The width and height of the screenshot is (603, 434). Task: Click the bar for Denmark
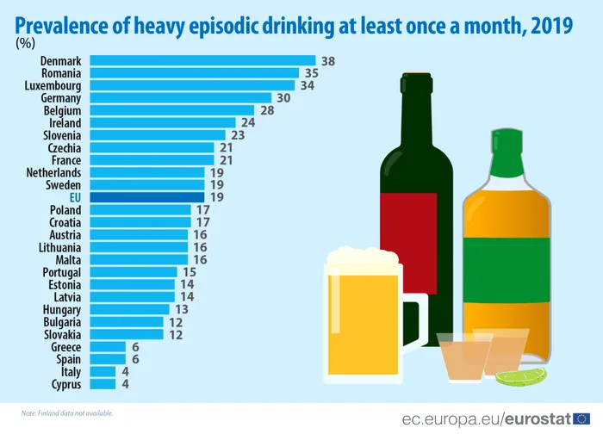(x=202, y=61)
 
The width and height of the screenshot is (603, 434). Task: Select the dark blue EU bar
(x=146, y=197)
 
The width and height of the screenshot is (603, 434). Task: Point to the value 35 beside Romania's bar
(x=312, y=74)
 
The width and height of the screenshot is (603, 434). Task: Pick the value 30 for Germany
(x=283, y=98)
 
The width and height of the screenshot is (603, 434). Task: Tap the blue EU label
(x=75, y=197)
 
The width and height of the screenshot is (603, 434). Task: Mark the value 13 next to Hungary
(x=181, y=309)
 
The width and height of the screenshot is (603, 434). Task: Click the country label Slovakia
(x=62, y=334)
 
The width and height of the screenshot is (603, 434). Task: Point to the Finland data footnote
(x=68, y=413)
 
